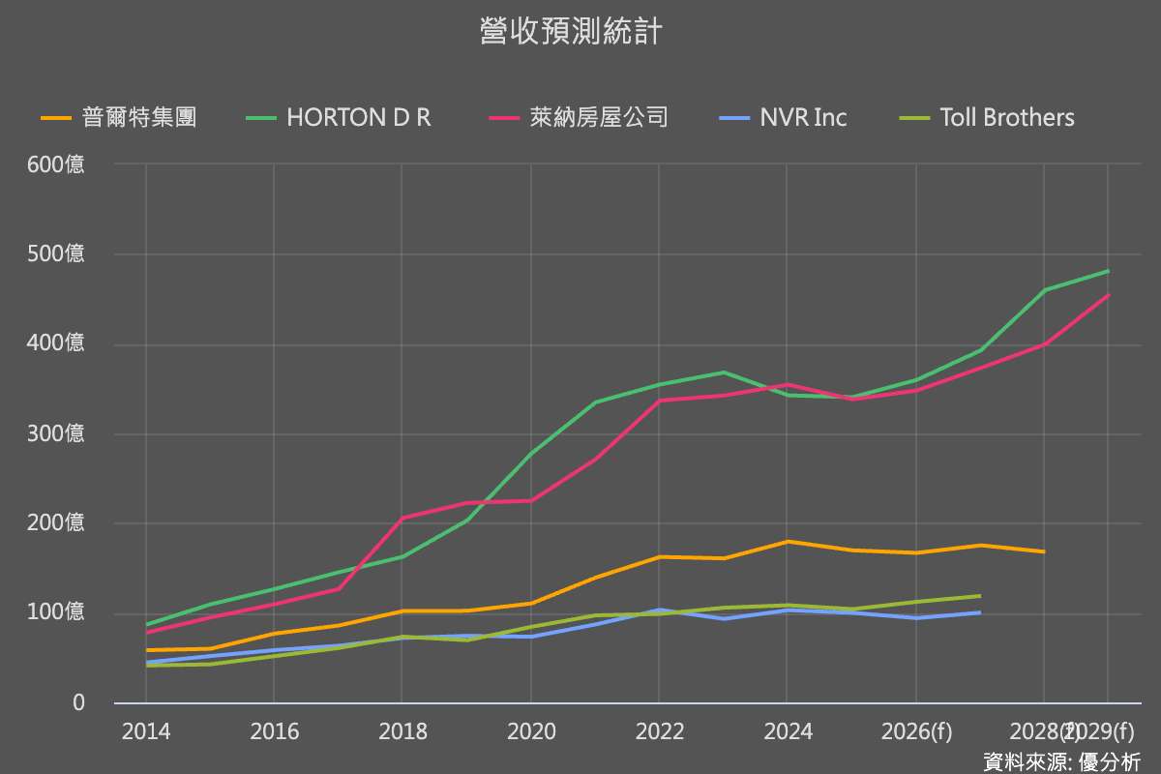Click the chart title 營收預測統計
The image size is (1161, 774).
coord(571,32)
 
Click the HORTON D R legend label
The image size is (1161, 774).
coord(359,118)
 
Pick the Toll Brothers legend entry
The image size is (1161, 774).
coord(1006,118)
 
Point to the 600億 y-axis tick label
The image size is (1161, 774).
coord(55,164)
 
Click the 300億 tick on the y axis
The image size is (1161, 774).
coord(55,433)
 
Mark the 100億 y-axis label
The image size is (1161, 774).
coord(55,612)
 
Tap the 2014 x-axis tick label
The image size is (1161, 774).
coord(145,731)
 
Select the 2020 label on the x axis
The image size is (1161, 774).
coord(530,731)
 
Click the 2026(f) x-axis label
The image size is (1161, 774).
coord(916,731)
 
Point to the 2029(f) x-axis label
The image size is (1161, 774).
coord(1098,731)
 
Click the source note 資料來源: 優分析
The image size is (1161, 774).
coord(1061,761)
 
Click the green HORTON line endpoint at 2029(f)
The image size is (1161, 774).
coord(1108,271)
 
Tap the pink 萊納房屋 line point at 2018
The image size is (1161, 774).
coord(402,518)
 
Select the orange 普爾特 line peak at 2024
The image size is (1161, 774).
coord(787,542)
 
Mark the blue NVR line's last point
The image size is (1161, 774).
coord(979,612)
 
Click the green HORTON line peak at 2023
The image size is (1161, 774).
coord(723,372)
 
